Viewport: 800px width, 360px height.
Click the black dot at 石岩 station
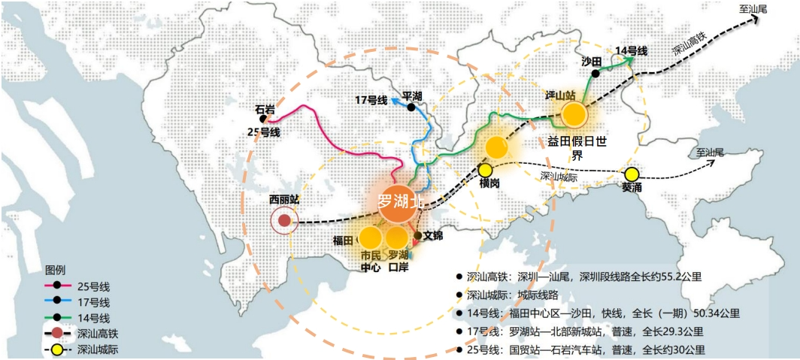(262, 119)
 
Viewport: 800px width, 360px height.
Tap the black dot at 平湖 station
(411, 107)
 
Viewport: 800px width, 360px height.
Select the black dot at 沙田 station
(595, 74)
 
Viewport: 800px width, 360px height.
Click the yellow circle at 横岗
(486, 171)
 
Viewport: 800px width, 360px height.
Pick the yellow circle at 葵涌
(631, 174)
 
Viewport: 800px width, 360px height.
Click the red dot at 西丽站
(284, 221)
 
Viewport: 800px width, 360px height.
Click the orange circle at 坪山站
(573, 114)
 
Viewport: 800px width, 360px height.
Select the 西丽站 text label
(284, 200)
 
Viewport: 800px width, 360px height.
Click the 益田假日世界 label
(577, 148)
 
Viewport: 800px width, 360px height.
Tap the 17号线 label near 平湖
(371, 100)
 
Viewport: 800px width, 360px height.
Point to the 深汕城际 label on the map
(559, 176)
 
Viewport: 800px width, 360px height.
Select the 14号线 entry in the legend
(94, 317)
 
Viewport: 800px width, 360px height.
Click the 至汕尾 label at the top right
(754, 9)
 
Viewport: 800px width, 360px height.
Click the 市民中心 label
(371, 261)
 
